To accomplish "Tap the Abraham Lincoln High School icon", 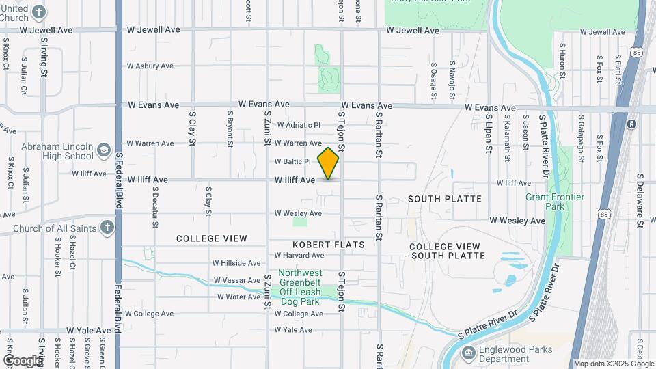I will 104,150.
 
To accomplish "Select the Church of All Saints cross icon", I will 107,228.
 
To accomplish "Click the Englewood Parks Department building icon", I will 468,353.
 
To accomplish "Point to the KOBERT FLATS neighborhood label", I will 328,244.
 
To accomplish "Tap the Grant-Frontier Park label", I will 555,202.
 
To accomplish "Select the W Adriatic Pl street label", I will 299,125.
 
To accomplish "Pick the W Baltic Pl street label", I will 292,162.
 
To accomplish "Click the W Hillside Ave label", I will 236,262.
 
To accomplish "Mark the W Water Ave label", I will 239,297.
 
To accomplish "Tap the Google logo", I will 22,360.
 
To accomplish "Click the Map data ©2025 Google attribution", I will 614,364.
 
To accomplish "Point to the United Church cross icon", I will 40,12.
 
